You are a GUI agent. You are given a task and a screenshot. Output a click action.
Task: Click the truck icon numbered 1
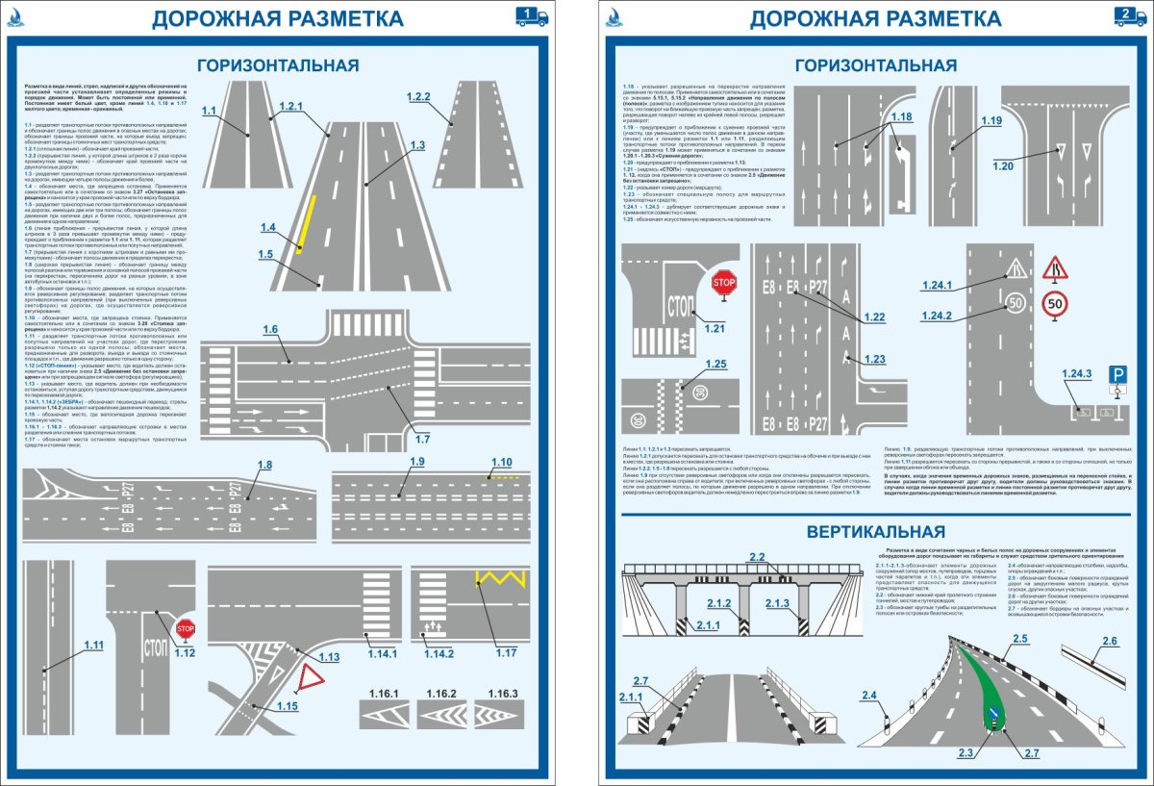532,15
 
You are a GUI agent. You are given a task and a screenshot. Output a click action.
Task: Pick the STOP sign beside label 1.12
186,629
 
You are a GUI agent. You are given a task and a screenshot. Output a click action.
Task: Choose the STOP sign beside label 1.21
723,283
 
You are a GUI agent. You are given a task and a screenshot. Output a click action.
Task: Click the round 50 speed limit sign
1054,305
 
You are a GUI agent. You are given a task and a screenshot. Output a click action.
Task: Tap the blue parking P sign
1117,373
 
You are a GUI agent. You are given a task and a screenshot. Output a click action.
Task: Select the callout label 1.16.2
440,694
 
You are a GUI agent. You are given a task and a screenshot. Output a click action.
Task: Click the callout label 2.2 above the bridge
756,557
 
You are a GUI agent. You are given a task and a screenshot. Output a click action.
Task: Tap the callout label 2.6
1109,642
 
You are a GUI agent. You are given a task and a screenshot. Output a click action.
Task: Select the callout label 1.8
264,466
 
